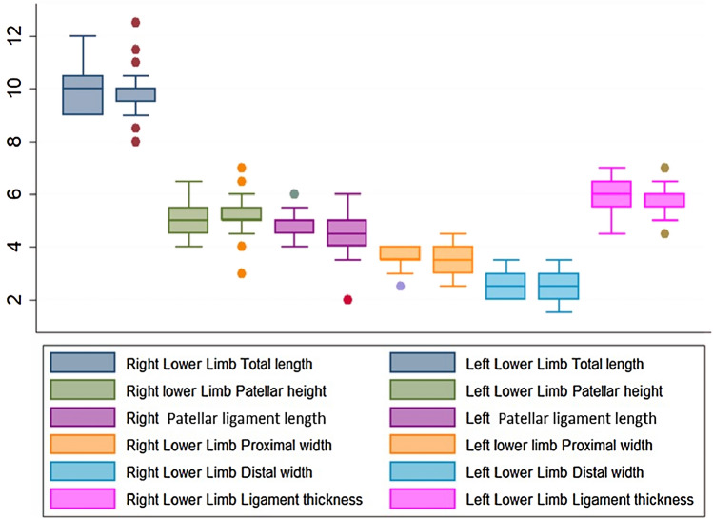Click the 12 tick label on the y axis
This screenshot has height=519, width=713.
tap(12, 35)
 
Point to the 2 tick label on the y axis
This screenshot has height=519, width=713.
tap(12, 300)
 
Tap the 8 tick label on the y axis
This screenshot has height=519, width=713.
tap(12, 142)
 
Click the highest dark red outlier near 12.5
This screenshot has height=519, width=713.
tap(136, 22)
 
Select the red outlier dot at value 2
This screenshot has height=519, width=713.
tap(347, 300)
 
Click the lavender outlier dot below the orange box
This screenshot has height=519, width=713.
tap(401, 286)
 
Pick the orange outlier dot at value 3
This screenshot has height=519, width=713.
tap(242, 273)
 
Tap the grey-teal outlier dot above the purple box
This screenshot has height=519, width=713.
tap(294, 194)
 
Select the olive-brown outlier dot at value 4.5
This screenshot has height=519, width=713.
tap(665, 233)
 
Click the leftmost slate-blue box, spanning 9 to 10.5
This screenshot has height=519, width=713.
tap(83, 95)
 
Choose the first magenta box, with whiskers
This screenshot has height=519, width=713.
tap(611, 193)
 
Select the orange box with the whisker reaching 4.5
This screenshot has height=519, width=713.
tap(453, 259)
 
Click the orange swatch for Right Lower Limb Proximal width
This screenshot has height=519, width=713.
tap(83, 445)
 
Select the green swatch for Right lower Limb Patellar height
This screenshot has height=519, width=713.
tap(83, 390)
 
